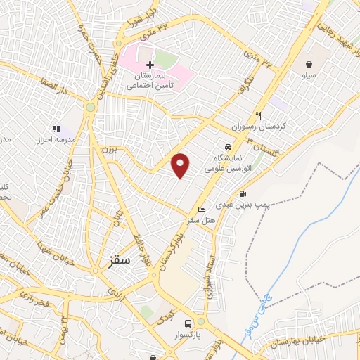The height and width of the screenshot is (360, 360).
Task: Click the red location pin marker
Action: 181,165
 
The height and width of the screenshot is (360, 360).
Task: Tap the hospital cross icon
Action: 150,65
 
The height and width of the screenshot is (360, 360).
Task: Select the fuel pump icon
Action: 243,194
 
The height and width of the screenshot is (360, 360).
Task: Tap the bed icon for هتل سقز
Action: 202,210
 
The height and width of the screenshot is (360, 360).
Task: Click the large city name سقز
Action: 120,260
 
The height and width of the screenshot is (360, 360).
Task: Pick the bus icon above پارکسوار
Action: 187,323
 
